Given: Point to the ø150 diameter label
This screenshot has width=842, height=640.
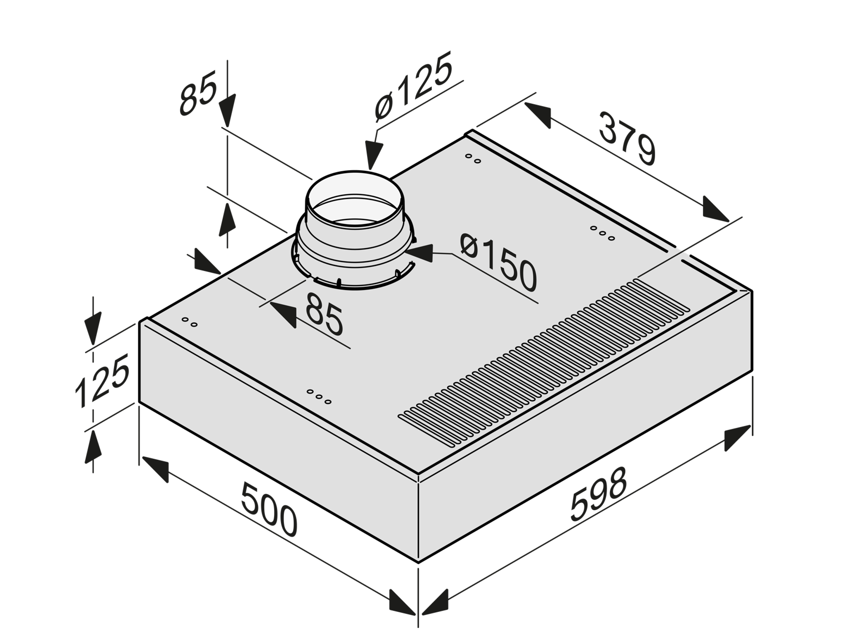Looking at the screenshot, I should click(x=498, y=263).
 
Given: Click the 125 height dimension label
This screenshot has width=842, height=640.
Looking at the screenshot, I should click(x=102, y=381).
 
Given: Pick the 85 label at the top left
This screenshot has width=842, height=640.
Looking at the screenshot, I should click(x=197, y=93).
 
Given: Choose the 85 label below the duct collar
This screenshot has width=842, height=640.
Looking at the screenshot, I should click(x=325, y=314).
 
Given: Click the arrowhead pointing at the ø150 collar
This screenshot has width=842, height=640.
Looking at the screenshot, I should click(x=420, y=253).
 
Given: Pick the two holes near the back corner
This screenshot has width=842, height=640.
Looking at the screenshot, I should click(x=473, y=158).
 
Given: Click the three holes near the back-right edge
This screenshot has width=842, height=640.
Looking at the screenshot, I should click(x=602, y=233).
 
